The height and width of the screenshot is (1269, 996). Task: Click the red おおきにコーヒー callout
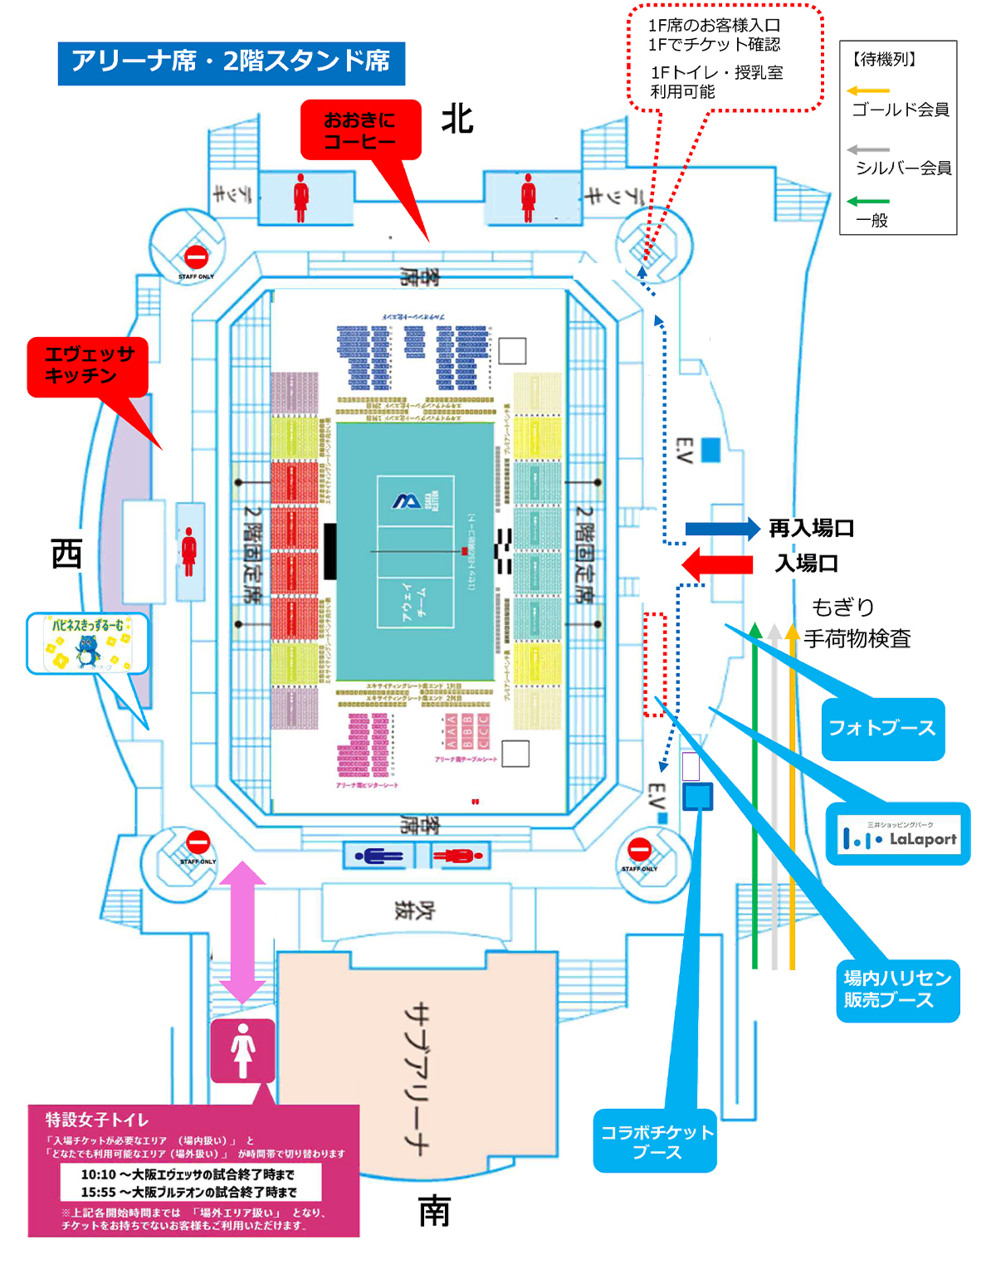(x=360, y=129)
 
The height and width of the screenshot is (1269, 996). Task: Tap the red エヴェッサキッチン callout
(x=88, y=366)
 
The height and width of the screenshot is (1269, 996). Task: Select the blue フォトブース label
(x=882, y=729)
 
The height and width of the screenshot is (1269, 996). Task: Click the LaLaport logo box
(x=899, y=835)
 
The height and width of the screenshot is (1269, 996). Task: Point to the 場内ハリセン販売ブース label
(x=896, y=989)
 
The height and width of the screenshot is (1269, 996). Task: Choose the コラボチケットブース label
(x=655, y=1141)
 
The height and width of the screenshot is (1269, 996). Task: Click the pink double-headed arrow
(x=242, y=933)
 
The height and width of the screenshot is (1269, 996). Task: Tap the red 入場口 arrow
(x=717, y=564)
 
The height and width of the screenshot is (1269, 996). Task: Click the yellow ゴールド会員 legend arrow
(x=868, y=90)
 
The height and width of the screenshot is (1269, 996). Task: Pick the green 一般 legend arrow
(x=868, y=201)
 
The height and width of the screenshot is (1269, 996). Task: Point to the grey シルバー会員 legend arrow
(x=868, y=150)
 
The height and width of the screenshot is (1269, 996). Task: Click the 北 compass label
(x=457, y=120)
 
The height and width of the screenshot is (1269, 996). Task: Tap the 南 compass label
(x=434, y=1212)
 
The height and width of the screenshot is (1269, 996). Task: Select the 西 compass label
(x=66, y=554)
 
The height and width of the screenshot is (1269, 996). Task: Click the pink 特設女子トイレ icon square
(x=242, y=1050)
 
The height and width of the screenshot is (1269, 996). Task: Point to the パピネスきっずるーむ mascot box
(x=88, y=643)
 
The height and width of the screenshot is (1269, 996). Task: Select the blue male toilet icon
(x=378, y=856)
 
